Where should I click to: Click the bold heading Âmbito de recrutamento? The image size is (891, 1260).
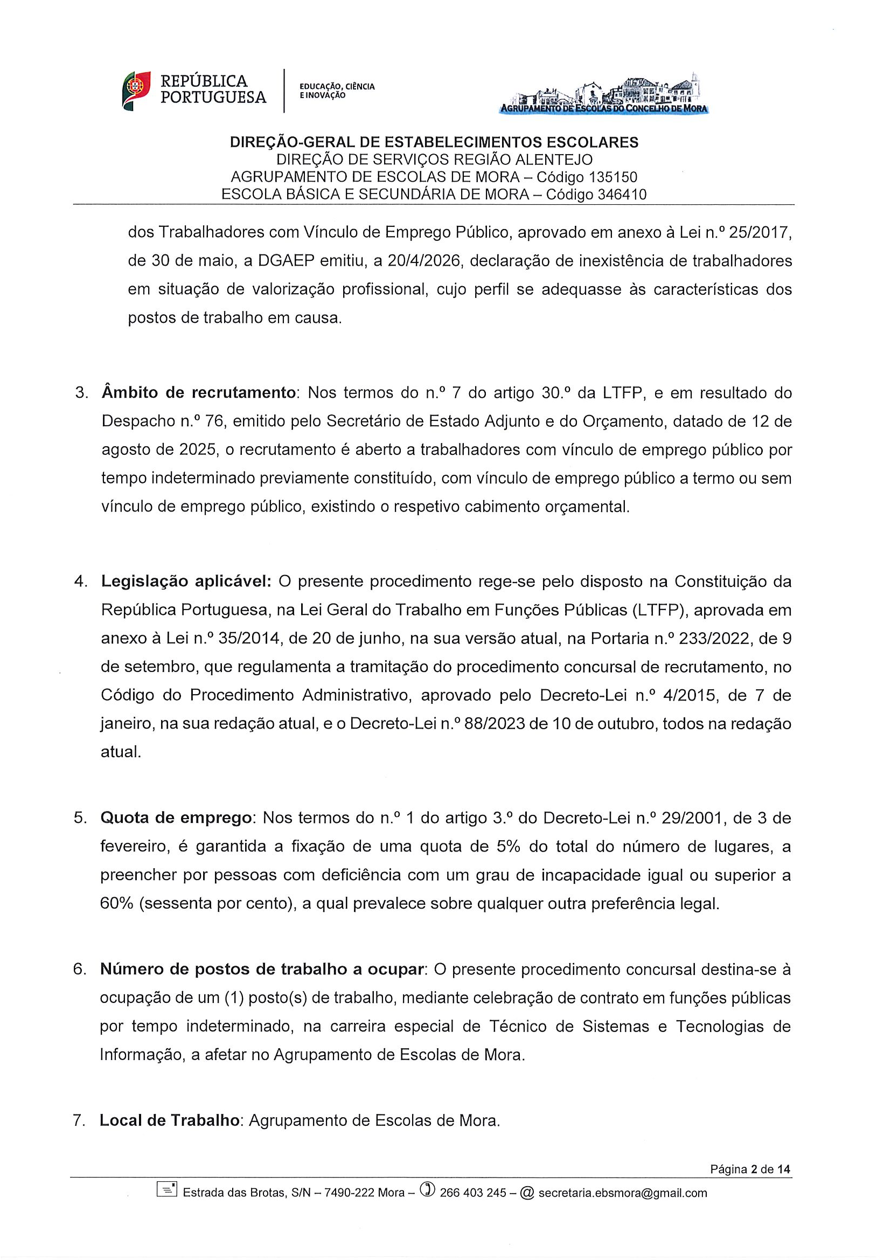coord(199,393)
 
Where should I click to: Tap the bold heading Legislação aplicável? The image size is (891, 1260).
coord(186,581)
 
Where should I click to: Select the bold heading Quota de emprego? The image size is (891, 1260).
coord(176,818)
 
